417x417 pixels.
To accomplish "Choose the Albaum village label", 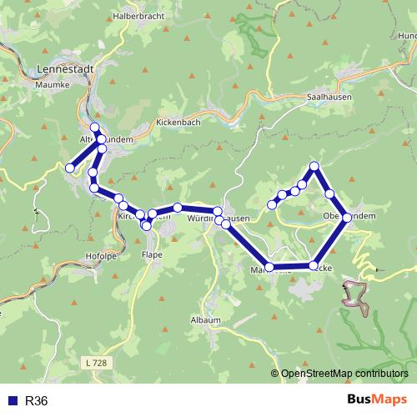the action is pos(206,320).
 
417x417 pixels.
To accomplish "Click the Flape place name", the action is pos(152,254).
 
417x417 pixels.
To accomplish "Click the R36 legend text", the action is pos(37,401).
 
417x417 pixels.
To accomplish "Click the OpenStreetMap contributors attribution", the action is pos(344,374).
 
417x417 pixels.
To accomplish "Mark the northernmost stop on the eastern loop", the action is pos(314,166).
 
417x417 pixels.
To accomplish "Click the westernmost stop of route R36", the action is pos(70,168).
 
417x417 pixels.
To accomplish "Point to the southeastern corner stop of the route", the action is pos(314,266).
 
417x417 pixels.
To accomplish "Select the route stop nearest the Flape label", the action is pos(146,225).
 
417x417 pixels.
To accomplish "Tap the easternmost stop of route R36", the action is pos(347,218).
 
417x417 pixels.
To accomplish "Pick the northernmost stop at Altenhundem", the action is pos(94,128).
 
